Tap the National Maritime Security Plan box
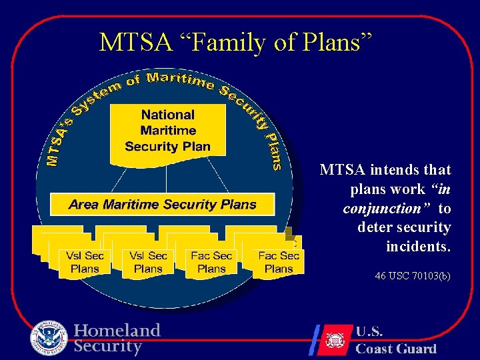click(x=167, y=131)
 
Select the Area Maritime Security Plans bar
click(x=163, y=204)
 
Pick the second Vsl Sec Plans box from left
click(x=148, y=262)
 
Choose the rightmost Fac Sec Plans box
click(x=279, y=262)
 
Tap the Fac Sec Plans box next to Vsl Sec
click(x=211, y=262)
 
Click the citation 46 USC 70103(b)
click(x=413, y=275)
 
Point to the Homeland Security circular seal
click(x=49, y=338)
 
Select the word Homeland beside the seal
click(x=117, y=331)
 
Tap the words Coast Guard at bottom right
click(x=396, y=349)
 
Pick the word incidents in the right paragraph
click(x=418, y=247)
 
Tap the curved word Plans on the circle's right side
click(x=273, y=151)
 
